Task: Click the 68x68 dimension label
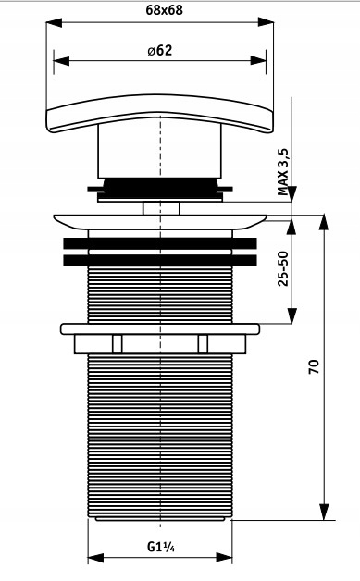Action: click(164, 10)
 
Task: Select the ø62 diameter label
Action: click(160, 50)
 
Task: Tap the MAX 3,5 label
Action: click(283, 172)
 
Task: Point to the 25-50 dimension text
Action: click(283, 268)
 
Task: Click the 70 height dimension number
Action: click(314, 366)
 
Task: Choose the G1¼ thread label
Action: click(161, 547)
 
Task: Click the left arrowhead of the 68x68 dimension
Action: click(54, 22)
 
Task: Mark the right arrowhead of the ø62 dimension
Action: click(258, 60)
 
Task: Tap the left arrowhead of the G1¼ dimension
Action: click(95, 558)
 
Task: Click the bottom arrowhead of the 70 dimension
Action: click(325, 512)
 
